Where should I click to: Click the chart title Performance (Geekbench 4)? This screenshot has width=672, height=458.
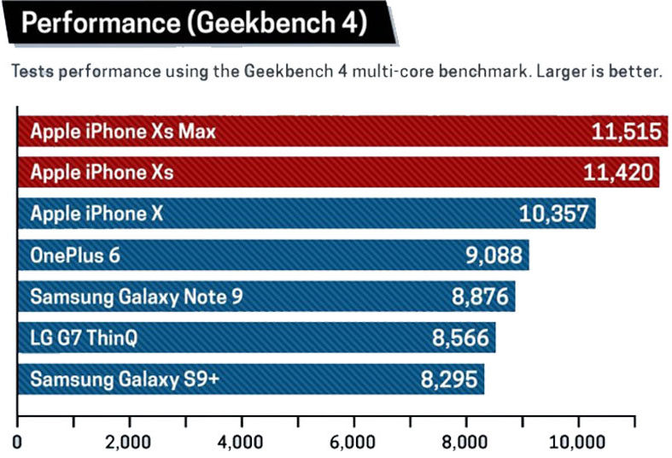pos(195,24)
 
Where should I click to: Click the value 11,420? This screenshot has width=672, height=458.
pos(620,172)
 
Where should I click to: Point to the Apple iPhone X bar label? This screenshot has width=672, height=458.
pos(96,214)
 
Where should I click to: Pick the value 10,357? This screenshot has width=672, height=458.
pos(554,214)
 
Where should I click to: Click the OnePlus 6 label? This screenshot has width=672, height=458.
pos(73,255)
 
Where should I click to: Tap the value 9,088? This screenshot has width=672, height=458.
pos(490,255)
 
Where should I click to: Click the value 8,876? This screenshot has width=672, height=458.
pos(477,297)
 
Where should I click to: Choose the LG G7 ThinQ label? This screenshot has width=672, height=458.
pos(84,338)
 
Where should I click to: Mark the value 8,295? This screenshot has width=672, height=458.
pos(447,379)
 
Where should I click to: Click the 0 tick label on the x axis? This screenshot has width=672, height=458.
pos(18,443)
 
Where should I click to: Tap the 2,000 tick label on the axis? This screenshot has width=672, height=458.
pos(129,443)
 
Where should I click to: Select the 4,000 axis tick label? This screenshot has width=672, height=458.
pos(242,443)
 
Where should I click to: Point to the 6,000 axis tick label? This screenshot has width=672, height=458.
pos(354,443)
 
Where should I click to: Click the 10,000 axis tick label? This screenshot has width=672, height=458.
pos(578,443)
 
